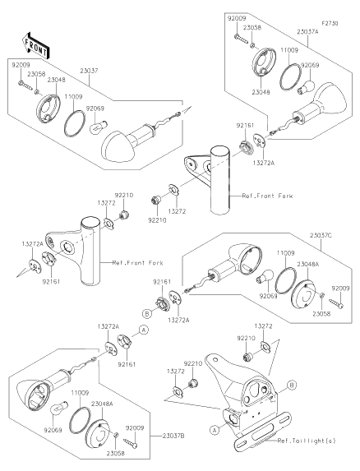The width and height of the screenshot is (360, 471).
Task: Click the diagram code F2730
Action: click(330, 23)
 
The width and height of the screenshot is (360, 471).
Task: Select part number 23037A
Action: click(307, 31)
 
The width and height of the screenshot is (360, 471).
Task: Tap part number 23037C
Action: click(321, 236)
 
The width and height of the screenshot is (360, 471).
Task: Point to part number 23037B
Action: click(173, 436)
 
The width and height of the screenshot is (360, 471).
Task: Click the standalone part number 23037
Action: click(89, 71)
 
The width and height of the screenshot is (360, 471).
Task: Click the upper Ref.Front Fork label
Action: click(267, 196)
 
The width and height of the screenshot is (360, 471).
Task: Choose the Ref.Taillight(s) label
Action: click(307, 441)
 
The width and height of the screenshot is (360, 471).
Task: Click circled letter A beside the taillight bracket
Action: click(214, 430)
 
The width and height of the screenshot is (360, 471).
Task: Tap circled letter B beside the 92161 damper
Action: click(147, 314)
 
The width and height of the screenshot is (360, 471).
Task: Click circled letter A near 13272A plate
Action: click(144, 330)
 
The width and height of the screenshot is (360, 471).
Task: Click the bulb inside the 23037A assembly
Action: click(306, 85)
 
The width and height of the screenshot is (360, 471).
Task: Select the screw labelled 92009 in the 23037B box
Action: click(131, 442)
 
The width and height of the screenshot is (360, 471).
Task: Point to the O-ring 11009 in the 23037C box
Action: click(284, 279)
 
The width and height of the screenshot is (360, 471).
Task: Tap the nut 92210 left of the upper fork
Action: click(156, 200)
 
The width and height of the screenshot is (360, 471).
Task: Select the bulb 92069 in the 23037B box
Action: click(60, 409)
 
